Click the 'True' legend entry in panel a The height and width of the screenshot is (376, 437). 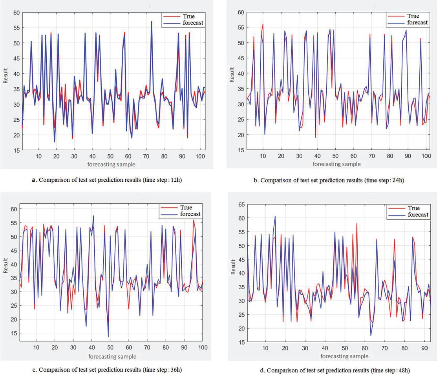coord(192,16)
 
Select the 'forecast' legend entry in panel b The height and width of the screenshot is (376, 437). coord(417,22)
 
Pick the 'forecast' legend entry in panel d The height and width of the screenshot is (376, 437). coord(417,215)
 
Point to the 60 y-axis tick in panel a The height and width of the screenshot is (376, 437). coord(16,12)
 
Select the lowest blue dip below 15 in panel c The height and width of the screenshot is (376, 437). coord(108,336)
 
